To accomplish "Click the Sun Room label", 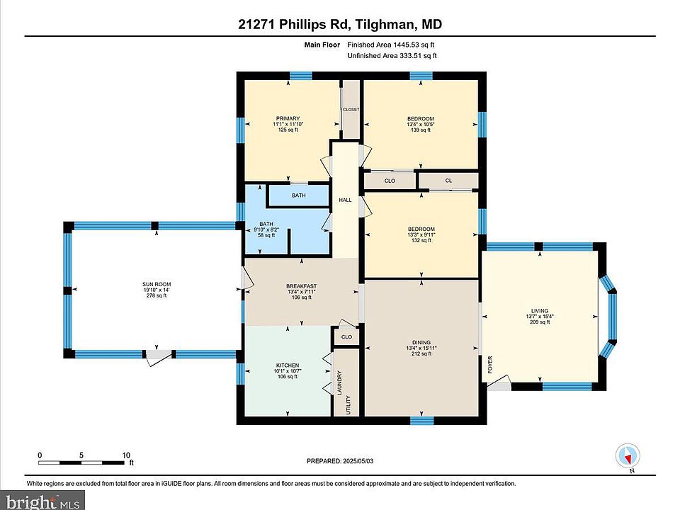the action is tap(157, 290).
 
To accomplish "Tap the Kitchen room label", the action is tap(288, 370).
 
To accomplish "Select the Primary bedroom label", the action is tap(288, 124).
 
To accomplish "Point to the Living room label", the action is tap(540, 316).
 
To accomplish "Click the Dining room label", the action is tap(421, 348).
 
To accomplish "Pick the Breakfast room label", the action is tap(302, 291).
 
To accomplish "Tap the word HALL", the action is tap(345, 200).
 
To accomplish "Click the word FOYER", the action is tap(490, 365).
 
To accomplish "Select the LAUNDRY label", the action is tap(339, 382).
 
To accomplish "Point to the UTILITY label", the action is tap(348, 405).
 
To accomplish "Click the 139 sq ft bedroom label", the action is tap(421, 124).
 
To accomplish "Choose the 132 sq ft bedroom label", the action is tap(421, 234).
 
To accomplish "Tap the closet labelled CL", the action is tap(448, 181).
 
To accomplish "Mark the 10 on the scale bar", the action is tap(126, 455).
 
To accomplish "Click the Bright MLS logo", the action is tap(42, 501).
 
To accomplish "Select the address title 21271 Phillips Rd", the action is tap(293, 24).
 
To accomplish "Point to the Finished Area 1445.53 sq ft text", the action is tap(391, 44).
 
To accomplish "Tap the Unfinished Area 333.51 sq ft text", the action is tap(392, 55).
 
